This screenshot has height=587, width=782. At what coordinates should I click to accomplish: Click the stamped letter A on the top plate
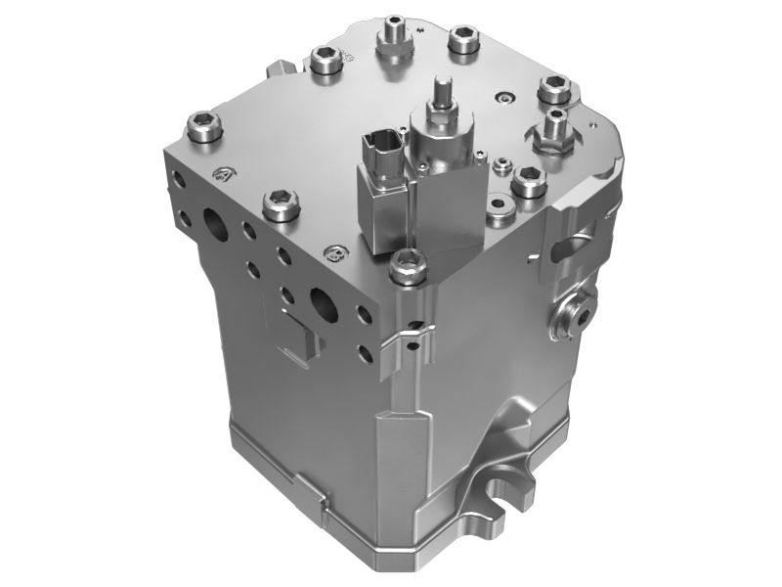point(223,174)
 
